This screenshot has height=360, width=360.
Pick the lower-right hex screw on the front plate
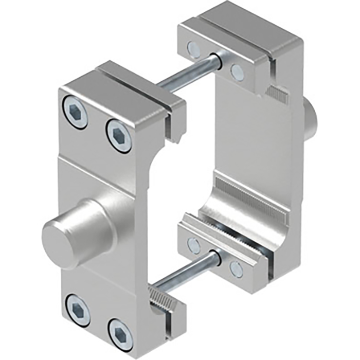pos(119,330)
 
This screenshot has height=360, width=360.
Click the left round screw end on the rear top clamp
pos(192,49)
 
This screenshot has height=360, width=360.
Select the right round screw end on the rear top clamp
pos(237,71)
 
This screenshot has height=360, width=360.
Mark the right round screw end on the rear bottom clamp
pos(236,268)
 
